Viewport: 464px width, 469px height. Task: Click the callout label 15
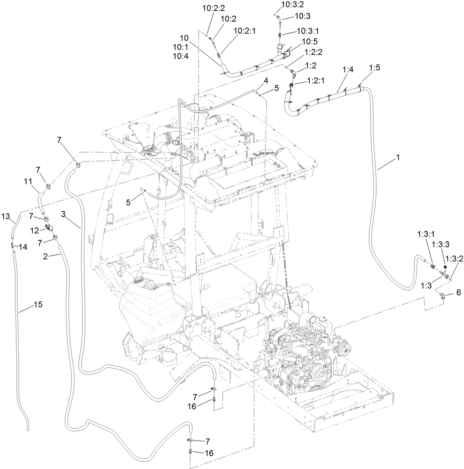click(38, 294)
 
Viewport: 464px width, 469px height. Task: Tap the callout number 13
click(6, 215)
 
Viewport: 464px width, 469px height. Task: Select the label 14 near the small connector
click(23, 247)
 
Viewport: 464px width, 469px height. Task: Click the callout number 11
click(28, 181)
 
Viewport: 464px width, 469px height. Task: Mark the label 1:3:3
click(442, 244)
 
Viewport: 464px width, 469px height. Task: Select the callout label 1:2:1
click(315, 81)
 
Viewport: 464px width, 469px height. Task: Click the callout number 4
click(266, 80)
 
